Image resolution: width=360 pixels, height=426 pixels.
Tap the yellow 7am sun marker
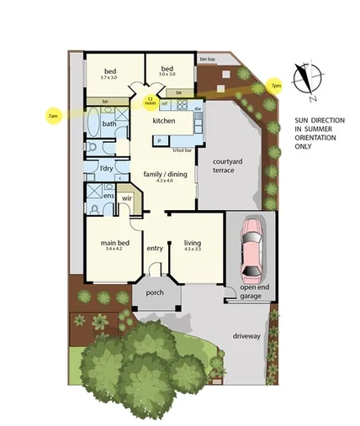point(53,115)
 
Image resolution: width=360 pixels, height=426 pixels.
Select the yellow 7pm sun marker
point(275,87)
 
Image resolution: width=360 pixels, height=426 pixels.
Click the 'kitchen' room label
point(163,121)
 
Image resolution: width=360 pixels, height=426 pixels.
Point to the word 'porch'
point(155,293)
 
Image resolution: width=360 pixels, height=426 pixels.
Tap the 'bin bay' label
point(207,60)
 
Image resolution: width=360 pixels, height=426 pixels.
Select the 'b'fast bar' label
point(183,150)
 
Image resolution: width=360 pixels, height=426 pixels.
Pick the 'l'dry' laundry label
point(106,168)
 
